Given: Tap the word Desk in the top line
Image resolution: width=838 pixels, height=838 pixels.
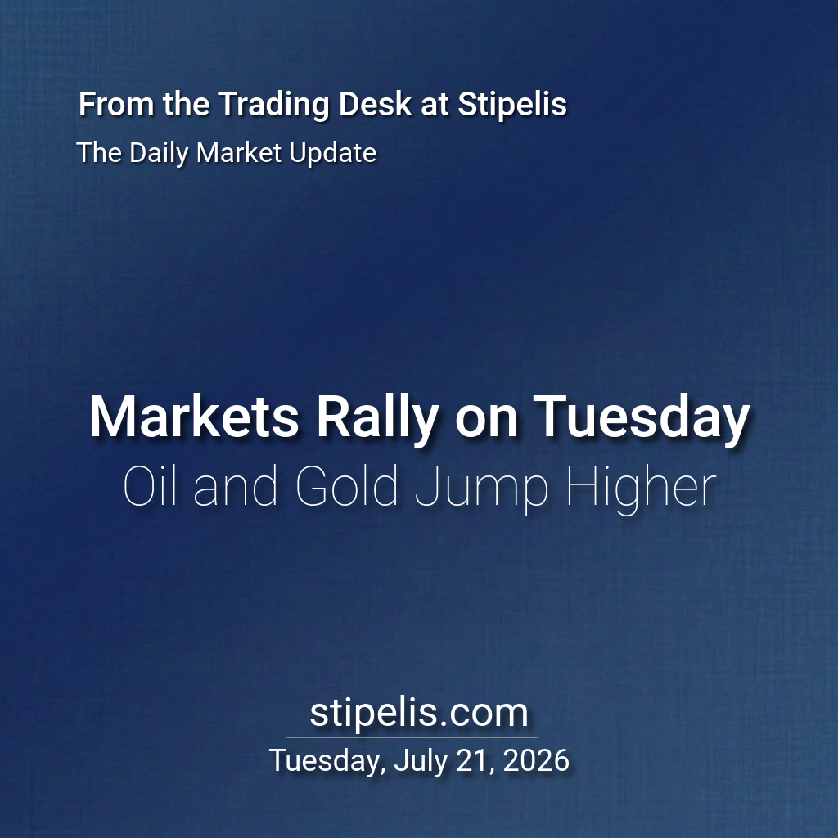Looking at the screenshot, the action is tap(375, 103).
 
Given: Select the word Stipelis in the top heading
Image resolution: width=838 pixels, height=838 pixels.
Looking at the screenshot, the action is tap(512, 105).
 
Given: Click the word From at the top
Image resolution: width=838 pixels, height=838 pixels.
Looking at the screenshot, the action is tap(117, 104).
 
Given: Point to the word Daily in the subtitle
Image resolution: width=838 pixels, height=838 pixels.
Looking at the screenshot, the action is tap(160, 154).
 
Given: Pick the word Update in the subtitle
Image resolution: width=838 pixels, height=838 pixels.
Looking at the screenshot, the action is tap(332, 154).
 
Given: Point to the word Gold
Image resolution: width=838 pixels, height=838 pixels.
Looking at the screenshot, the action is tap(347, 486).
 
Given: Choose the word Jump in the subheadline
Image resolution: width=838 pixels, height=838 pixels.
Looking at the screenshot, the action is tap(482, 489).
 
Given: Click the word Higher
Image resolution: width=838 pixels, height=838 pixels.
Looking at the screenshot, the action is tap(641, 489).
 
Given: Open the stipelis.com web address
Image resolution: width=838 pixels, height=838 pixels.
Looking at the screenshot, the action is tap(419, 713).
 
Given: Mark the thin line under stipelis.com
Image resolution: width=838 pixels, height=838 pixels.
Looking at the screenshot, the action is tap(412, 737).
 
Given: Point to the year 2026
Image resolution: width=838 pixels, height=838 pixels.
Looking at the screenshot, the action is tap(535, 760).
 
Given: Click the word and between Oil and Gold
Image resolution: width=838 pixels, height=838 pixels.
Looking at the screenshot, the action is tap(236, 486).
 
